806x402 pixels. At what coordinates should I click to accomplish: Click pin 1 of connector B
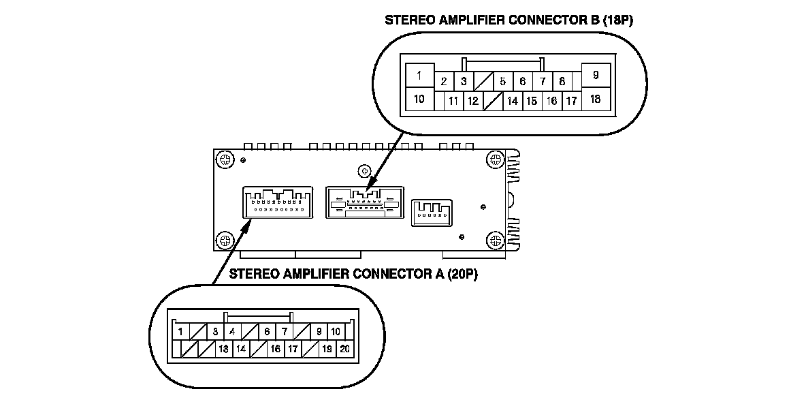coord(419,76)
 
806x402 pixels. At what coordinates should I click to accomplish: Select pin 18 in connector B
coord(596,99)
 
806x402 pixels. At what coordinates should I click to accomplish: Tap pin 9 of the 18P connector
coord(596,76)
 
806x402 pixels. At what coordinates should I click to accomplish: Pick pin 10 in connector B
coord(419,99)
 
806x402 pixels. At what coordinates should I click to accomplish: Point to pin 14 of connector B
coord(513,101)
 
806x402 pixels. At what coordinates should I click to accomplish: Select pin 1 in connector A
coord(181,332)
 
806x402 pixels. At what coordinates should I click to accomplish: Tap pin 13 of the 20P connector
coord(223,348)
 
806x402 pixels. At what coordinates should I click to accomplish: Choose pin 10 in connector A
coord(336,332)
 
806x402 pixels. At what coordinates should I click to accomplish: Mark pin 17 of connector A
coord(293,348)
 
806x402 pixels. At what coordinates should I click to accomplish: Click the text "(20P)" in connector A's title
coord(463,275)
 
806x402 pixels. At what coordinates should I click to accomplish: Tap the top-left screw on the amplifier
coord(225,159)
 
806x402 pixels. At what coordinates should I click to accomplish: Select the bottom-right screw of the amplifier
coord(495,239)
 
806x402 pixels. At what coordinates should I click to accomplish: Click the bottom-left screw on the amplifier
coord(225,239)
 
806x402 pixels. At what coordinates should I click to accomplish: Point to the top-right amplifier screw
coord(495,159)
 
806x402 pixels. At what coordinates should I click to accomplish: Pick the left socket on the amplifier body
coord(278,203)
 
